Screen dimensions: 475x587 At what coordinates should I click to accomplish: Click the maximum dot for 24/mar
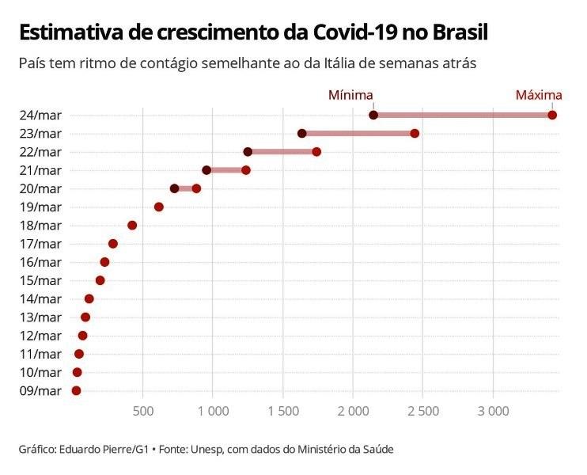[x=552, y=115]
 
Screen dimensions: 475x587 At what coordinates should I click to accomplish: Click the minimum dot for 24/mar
[x=373, y=115]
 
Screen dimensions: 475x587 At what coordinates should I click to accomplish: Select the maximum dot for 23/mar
[x=415, y=133]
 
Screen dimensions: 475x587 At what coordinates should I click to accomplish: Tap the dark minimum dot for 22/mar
[x=248, y=151]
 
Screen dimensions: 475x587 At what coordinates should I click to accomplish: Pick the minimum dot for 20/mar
[x=174, y=188]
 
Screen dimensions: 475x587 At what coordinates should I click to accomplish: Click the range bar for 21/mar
[x=226, y=170]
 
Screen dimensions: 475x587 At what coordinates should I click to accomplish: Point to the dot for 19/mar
[x=158, y=207]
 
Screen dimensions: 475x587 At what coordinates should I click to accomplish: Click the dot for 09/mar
[x=76, y=390]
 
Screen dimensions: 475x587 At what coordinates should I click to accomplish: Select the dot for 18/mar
[x=132, y=225]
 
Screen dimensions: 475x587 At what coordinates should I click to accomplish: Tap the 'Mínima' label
[x=350, y=95]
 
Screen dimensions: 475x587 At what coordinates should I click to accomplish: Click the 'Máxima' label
[x=539, y=95]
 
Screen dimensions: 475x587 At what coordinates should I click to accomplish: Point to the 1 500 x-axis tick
[x=282, y=411]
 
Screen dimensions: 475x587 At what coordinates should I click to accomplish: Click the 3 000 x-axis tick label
[x=493, y=411]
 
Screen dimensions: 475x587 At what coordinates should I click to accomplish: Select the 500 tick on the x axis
[x=142, y=411]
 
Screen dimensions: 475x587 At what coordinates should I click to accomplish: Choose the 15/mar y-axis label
[x=40, y=280]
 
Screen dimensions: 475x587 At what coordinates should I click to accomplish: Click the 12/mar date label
[x=40, y=336]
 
